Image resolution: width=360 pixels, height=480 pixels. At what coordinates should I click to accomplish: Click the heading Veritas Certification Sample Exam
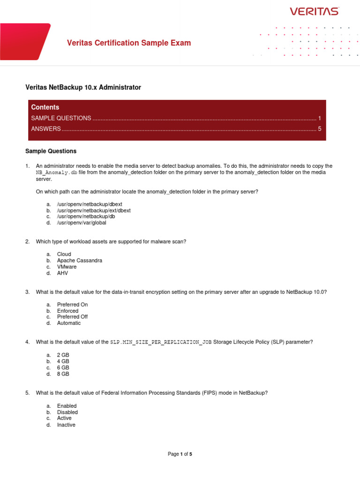click(129, 43)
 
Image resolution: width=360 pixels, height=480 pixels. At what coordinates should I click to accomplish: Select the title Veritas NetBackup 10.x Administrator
click(82, 88)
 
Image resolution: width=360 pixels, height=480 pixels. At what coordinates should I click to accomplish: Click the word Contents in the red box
click(45, 107)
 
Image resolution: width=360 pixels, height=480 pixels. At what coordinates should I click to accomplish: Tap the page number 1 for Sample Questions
click(319, 118)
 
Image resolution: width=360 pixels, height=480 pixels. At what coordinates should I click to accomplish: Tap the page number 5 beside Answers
click(319, 129)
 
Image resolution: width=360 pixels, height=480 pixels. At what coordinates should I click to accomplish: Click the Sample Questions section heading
click(51, 151)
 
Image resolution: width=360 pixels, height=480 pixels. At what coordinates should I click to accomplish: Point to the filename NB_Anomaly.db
click(57, 173)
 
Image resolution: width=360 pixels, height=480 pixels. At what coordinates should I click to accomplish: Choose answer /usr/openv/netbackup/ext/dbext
click(94, 211)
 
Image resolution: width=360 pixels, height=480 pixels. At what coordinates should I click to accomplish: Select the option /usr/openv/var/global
click(82, 223)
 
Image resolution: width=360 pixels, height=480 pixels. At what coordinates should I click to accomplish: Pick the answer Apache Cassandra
click(80, 261)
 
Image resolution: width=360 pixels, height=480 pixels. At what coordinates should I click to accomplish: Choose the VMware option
click(67, 267)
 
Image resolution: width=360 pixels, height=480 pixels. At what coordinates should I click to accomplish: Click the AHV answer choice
click(63, 273)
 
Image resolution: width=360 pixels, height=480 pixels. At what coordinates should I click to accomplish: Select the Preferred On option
click(72, 305)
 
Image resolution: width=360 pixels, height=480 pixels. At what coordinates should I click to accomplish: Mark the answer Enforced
click(68, 311)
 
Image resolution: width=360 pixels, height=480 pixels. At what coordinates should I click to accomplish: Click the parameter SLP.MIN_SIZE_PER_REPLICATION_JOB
click(161, 342)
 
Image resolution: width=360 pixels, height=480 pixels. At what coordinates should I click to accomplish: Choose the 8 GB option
click(63, 374)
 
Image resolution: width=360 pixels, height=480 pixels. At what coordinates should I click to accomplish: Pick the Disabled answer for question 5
click(67, 412)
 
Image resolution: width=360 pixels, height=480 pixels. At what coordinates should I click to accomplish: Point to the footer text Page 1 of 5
click(180, 454)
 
